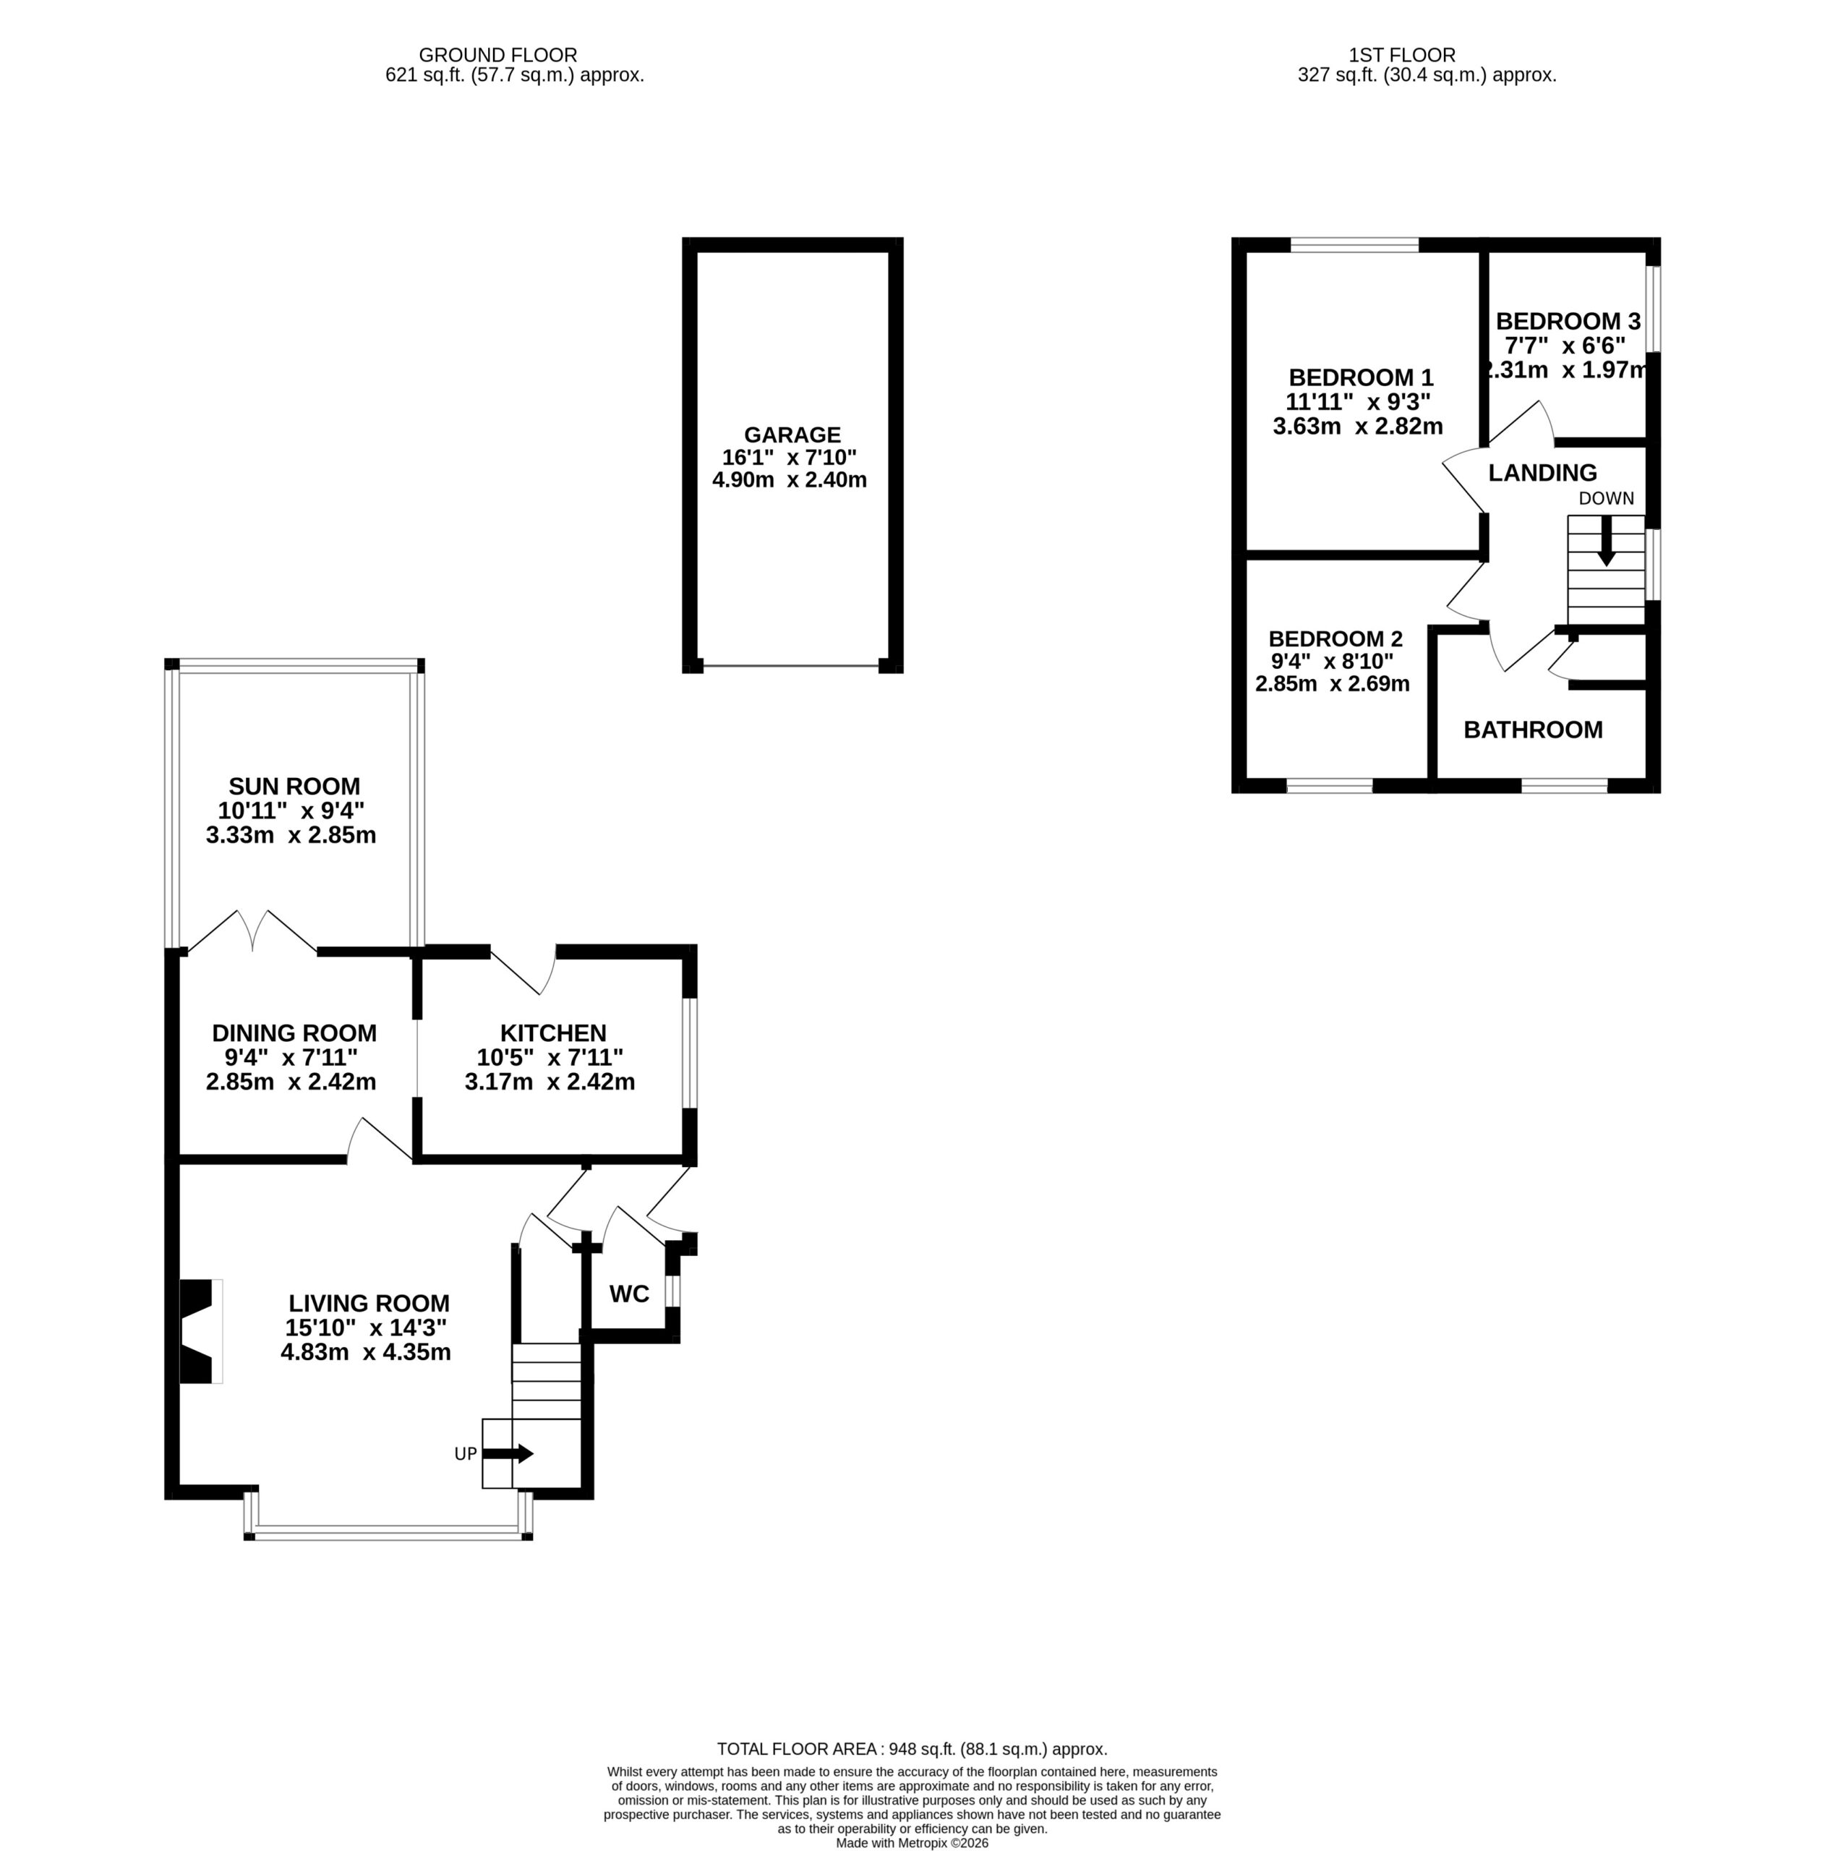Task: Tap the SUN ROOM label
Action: [x=294, y=787]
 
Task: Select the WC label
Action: [x=629, y=1294]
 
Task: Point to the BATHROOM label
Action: [x=1533, y=730]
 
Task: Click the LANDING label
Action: [x=1542, y=472]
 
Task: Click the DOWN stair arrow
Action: [x=1607, y=540]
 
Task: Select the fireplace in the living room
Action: [x=201, y=1332]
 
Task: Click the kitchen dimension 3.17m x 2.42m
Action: [x=550, y=1082]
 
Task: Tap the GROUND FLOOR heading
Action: [x=498, y=56]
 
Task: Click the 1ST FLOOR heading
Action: [x=1401, y=56]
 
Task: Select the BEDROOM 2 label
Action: [x=1335, y=639]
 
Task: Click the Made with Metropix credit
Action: [x=912, y=1843]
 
